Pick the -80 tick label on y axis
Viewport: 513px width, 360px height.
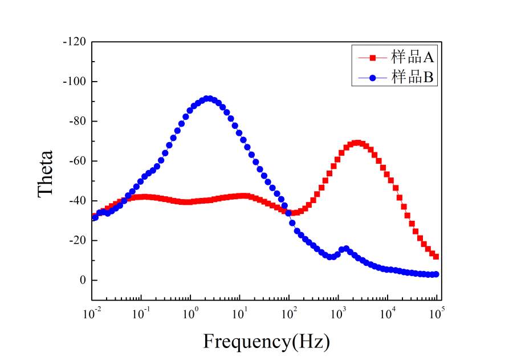[x=76, y=121]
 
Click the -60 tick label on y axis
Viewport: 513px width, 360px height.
[x=76, y=161]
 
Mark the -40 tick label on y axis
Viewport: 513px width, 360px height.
[x=76, y=201]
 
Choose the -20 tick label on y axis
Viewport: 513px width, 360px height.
[x=76, y=240]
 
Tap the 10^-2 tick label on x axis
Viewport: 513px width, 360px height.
[x=91, y=312]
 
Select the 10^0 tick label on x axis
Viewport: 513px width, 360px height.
[x=190, y=312]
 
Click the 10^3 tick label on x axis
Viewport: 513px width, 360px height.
[x=339, y=312]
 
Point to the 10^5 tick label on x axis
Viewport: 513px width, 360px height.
[x=437, y=312]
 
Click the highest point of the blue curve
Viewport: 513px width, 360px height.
[x=208, y=99]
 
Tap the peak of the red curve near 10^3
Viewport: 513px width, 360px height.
[x=357, y=143]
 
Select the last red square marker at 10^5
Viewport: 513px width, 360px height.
[x=436, y=256]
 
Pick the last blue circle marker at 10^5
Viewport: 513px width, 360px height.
[x=436, y=274]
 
